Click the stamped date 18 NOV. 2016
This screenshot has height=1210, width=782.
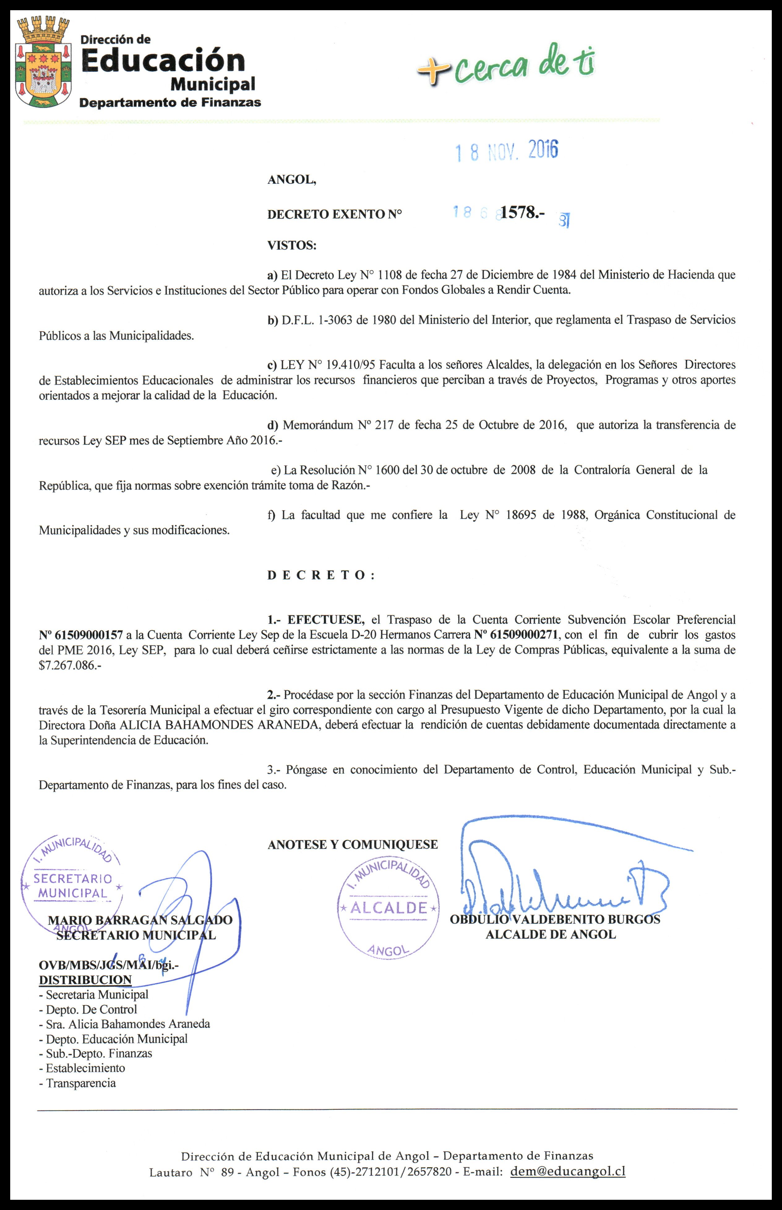click(x=506, y=151)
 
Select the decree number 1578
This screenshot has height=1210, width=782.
click(x=522, y=213)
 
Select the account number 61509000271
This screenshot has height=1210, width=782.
click(x=516, y=635)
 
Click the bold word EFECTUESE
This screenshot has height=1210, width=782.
click(x=325, y=619)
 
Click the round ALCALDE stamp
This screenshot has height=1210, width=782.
click(x=389, y=907)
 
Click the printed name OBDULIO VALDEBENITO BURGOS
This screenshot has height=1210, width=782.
click(x=555, y=919)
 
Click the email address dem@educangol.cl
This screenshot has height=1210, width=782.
click(x=568, y=1171)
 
